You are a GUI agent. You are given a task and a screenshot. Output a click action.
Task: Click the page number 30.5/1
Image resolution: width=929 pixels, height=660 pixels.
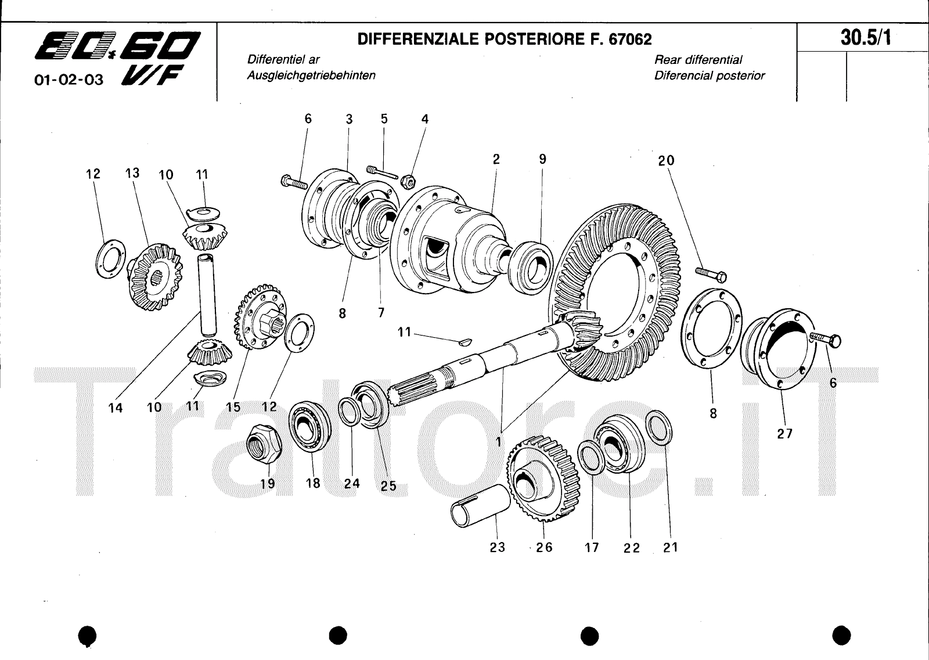[866, 38]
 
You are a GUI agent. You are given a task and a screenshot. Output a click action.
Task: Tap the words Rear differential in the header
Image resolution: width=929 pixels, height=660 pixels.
[698, 60]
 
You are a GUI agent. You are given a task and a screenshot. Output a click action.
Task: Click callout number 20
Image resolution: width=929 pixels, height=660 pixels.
[666, 161]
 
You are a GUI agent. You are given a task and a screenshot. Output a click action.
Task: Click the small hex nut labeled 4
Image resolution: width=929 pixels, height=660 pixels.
[408, 181]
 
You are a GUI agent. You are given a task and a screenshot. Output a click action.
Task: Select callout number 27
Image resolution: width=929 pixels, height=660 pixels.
[784, 434]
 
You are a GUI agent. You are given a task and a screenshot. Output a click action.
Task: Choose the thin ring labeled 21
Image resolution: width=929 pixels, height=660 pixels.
[659, 428]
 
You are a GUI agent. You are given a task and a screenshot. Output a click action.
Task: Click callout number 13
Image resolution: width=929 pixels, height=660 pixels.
[133, 173]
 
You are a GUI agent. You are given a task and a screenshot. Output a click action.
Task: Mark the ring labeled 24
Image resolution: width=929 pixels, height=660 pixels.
[350, 411]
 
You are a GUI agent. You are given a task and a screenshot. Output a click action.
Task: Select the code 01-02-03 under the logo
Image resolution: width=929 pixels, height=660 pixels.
[69, 80]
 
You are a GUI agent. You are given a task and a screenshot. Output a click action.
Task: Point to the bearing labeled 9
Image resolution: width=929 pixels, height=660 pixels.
[531, 268]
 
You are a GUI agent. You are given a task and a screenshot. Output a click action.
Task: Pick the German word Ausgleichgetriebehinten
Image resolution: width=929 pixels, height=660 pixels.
[311, 75]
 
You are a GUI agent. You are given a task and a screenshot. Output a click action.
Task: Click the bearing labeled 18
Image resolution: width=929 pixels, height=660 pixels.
[310, 427]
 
